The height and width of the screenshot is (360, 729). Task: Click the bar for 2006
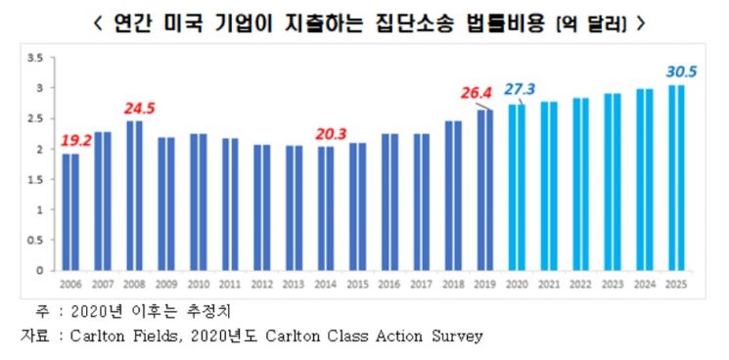70,211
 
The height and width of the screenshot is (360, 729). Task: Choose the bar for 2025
676,177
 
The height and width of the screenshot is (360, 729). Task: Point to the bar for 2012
262,206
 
